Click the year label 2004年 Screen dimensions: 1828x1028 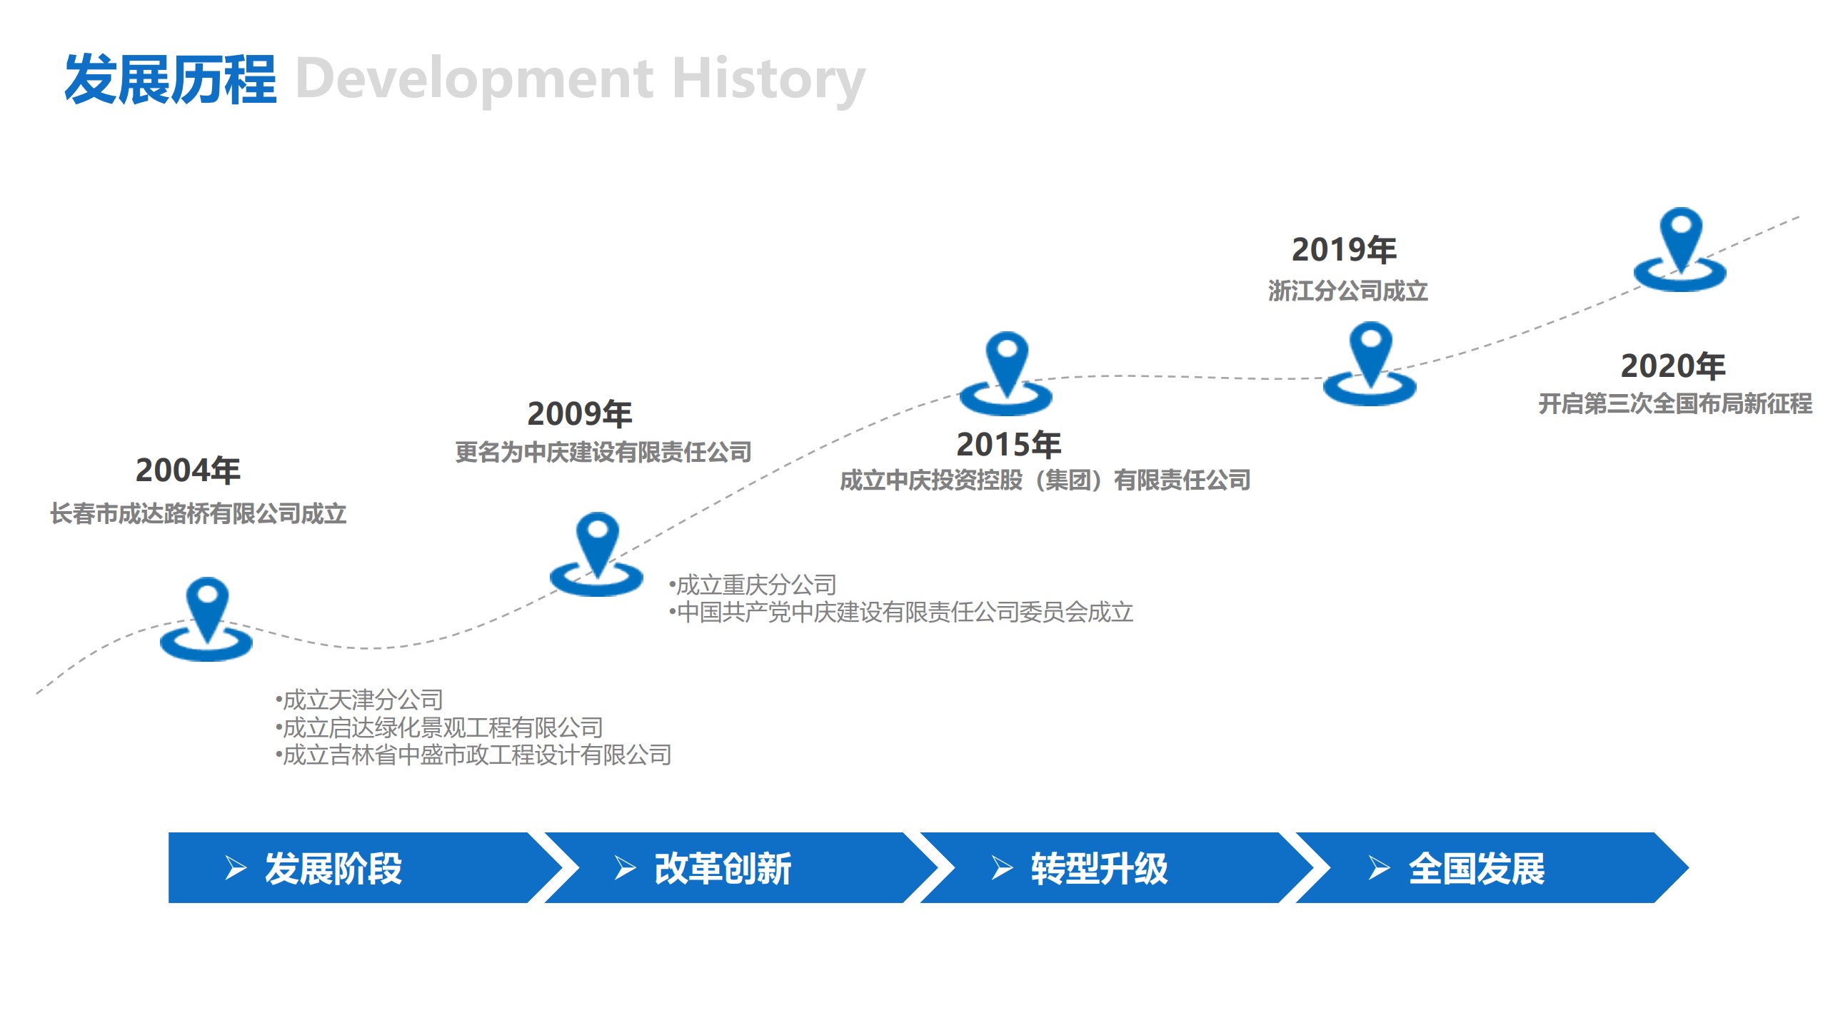188,470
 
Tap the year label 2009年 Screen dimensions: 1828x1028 580,414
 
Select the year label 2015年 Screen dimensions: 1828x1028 1008,445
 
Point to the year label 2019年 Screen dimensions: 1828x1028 1344,250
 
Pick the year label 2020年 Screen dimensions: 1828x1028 1673,366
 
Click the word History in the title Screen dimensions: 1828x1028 768,79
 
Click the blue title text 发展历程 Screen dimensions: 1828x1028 170,79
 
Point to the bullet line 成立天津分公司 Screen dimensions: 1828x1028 360,700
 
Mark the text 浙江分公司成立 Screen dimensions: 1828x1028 1347,291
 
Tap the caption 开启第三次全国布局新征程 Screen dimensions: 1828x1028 1675,403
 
